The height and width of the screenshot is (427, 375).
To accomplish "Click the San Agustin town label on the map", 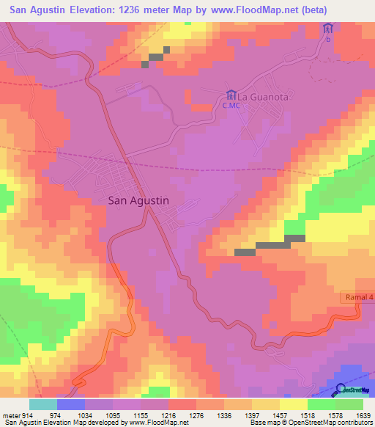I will (x=138, y=199).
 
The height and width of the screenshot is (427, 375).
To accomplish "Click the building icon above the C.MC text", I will (x=231, y=95).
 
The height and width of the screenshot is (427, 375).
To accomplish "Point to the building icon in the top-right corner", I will (x=328, y=29).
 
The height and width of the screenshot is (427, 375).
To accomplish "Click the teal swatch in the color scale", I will (x=43, y=404).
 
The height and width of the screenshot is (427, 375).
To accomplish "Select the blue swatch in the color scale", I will (x=71, y=404).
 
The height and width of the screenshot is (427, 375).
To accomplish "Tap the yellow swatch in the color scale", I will (x=293, y=404).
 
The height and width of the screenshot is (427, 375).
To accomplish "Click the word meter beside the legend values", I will (x=10, y=415).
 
